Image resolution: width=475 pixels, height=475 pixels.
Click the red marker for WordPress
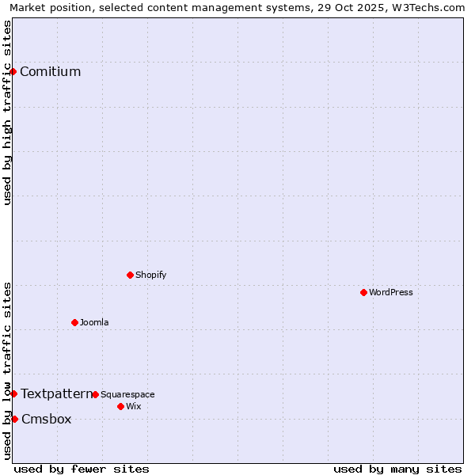363,292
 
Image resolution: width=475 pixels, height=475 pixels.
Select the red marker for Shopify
130,275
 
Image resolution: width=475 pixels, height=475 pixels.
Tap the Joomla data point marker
74,322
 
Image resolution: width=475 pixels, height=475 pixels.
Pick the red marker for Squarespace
95,394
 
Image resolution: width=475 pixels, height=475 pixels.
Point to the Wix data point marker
120,406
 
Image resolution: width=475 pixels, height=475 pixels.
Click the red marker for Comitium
13,71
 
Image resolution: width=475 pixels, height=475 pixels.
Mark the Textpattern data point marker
13,393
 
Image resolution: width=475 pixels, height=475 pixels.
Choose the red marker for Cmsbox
14,419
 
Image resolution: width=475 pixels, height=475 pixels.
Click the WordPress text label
391,292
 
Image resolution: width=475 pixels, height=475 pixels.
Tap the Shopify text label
151,275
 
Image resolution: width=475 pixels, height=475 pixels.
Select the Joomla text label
94,322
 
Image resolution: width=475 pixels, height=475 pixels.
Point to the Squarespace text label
127,394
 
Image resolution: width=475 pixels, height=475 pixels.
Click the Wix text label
134,406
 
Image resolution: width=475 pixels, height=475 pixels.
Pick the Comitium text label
51,72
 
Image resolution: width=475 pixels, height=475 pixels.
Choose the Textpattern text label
56,393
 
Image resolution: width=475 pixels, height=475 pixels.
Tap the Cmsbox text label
46,420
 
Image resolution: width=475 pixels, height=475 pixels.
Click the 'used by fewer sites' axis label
82,469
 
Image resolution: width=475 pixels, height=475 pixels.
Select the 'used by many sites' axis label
397,469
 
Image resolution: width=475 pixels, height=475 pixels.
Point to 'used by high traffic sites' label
7,112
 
